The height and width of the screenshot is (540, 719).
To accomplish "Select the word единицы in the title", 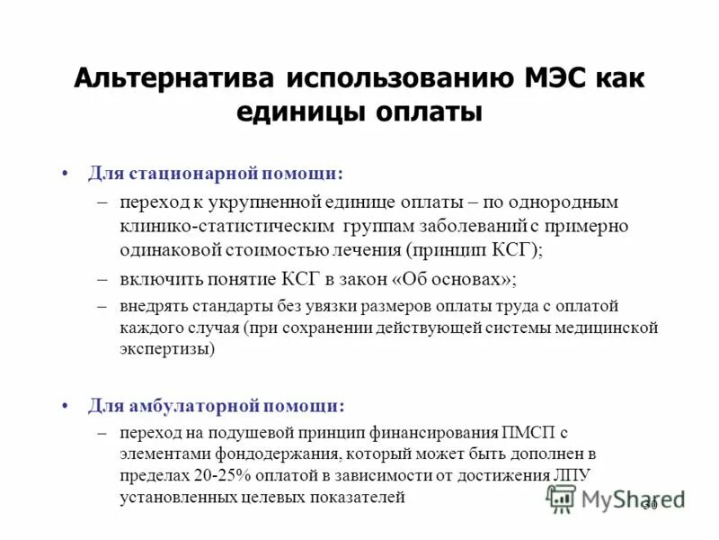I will [x=295, y=112].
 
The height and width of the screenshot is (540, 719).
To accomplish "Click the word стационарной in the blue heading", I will [x=202, y=171].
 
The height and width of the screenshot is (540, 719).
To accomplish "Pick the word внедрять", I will [x=154, y=306].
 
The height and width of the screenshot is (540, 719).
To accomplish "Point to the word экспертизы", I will [x=167, y=349].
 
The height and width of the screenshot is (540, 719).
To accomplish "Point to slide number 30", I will [x=650, y=506].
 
